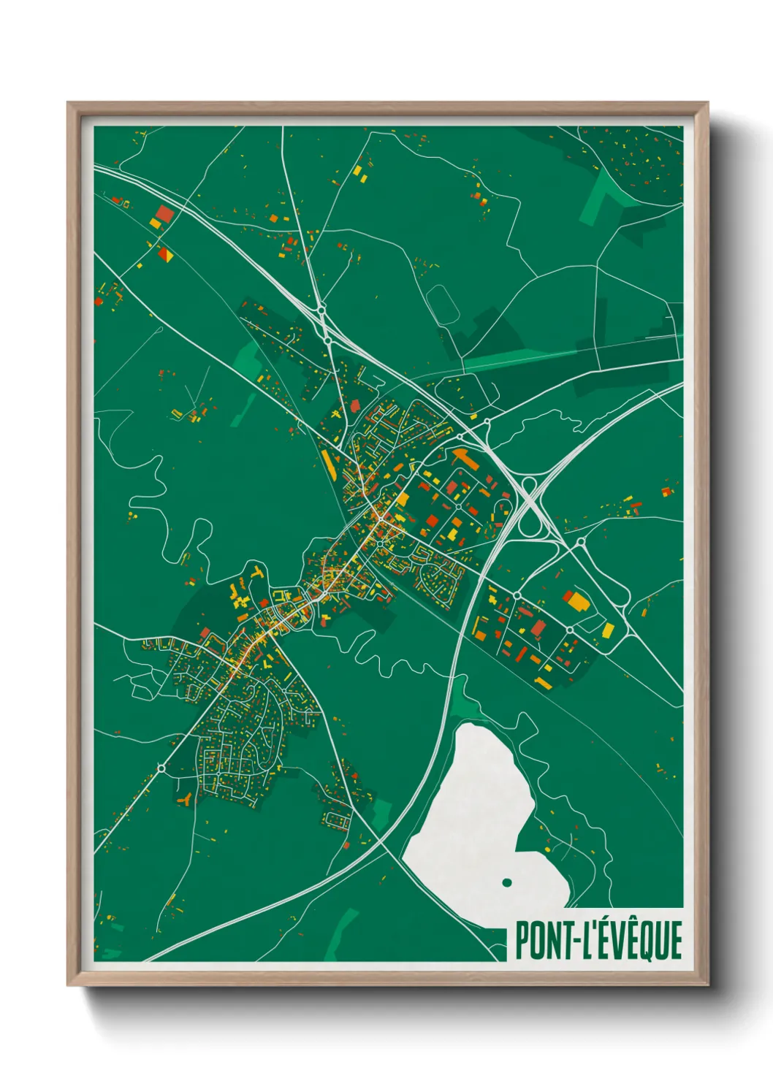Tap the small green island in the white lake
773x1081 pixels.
[506, 882]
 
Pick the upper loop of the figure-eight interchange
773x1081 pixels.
[528, 487]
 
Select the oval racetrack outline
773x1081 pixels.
[443, 305]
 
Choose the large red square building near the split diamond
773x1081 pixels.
[164, 215]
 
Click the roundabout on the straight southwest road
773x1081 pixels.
[161, 768]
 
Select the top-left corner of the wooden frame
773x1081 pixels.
[69, 104]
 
